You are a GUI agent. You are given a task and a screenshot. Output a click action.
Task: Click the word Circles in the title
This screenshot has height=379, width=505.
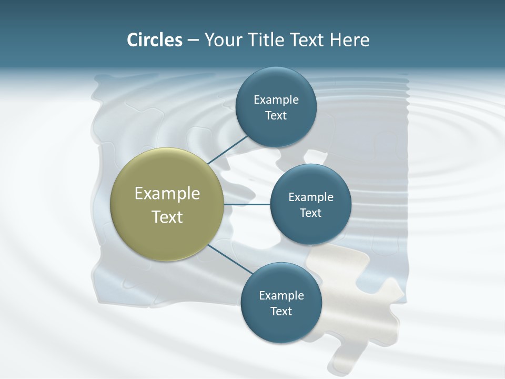[x=154, y=40]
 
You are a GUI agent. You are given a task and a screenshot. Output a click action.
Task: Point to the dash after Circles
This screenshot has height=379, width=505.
[x=193, y=41]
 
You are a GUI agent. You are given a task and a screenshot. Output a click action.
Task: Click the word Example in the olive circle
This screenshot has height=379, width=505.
[x=167, y=194]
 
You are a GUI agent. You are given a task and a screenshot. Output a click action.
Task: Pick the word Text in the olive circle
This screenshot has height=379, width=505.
[x=167, y=217]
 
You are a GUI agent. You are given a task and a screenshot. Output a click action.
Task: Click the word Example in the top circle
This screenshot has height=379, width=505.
[x=276, y=99]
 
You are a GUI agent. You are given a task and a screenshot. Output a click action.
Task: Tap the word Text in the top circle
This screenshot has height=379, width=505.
[x=276, y=115]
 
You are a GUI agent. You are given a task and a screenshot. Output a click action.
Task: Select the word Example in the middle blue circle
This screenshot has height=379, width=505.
[x=311, y=197]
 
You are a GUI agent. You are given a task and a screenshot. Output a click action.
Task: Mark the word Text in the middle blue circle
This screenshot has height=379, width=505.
[x=311, y=213]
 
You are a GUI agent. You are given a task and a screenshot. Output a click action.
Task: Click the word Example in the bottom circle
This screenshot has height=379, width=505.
[x=281, y=295]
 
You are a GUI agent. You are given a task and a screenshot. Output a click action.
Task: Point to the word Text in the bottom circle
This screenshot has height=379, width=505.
[x=281, y=311]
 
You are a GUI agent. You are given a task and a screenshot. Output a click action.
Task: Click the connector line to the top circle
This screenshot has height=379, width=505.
[x=228, y=149]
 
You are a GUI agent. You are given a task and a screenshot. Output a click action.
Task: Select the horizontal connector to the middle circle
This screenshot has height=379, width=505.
[x=247, y=204]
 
